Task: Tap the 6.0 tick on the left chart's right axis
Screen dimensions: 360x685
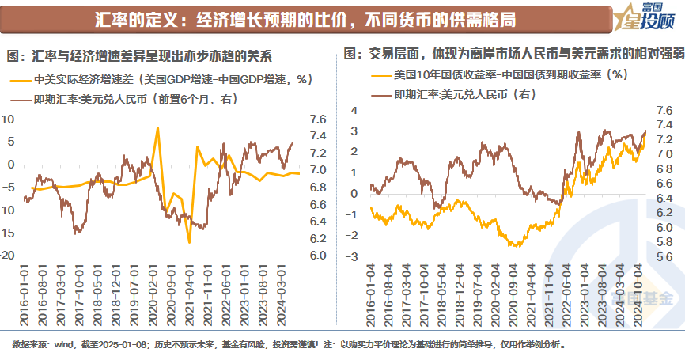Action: (x=298, y=256)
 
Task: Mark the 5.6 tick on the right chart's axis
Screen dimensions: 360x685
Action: (x=664, y=257)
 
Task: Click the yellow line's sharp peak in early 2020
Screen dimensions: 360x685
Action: (x=157, y=128)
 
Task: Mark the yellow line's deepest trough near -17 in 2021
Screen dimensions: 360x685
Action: (x=190, y=241)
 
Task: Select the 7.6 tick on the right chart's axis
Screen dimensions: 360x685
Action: (x=664, y=110)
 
